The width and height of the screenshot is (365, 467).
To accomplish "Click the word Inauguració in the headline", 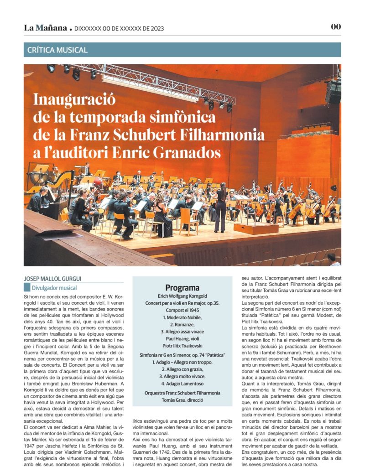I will click(x=75, y=99).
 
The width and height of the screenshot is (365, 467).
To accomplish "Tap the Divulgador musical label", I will click(x=54, y=288).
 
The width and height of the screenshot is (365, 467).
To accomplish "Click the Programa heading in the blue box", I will click(x=182, y=288).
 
